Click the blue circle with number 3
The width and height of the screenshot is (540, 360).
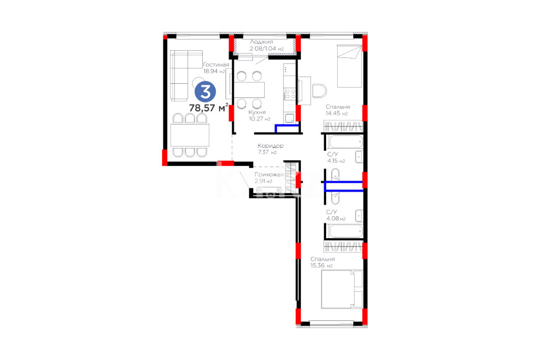point(205,92)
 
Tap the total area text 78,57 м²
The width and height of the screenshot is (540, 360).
point(208,108)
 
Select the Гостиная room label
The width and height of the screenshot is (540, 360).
point(216,64)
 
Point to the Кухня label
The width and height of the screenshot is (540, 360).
point(257,112)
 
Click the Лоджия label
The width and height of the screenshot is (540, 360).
point(262,42)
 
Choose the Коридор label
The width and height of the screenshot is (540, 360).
point(270,146)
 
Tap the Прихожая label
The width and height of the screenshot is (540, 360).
point(269,175)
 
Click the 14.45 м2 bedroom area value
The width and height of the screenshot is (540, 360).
point(336,113)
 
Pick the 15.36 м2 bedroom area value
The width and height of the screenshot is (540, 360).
point(322,266)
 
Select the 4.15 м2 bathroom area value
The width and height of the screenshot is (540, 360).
point(336,161)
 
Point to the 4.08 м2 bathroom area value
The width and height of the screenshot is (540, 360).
point(336,218)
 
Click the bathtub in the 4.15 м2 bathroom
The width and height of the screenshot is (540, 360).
point(346,142)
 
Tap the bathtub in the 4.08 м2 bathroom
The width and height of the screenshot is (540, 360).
point(346,231)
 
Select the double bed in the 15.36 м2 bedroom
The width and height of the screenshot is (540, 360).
point(342,289)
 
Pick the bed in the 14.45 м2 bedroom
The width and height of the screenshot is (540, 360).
point(349,66)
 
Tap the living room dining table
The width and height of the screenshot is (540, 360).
point(190,135)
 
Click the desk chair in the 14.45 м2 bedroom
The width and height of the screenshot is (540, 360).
point(319,91)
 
